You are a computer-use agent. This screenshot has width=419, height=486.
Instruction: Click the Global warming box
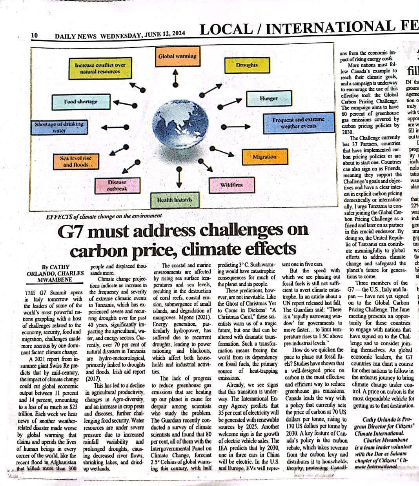(x=177, y=57)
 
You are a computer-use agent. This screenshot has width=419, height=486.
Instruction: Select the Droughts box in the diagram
(x=247, y=65)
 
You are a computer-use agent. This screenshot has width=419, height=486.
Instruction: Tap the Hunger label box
(x=269, y=99)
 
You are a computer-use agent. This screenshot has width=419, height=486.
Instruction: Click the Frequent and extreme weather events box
(x=299, y=123)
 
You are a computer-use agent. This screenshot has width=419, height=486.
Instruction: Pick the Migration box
(x=264, y=157)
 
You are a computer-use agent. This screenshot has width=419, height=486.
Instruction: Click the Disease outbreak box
(x=117, y=186)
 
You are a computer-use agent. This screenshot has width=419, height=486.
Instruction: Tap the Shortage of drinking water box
(x=59, y=127)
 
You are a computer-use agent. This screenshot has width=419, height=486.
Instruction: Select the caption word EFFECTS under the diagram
(x=59, y=216)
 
